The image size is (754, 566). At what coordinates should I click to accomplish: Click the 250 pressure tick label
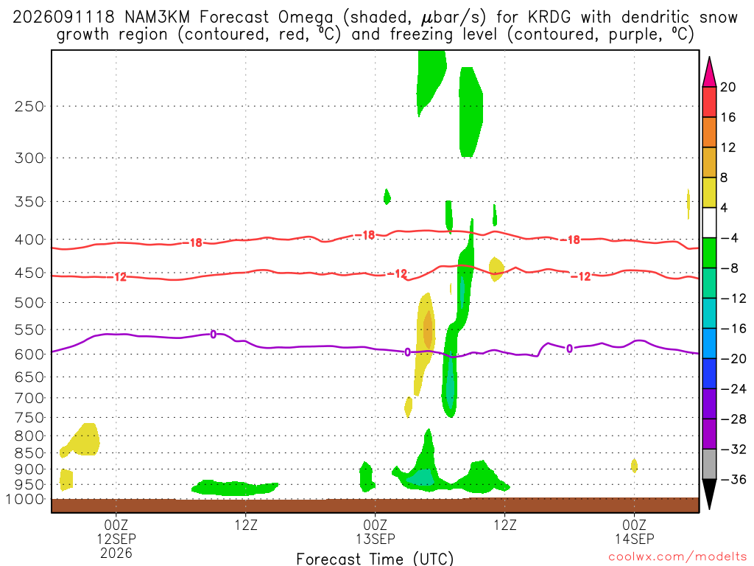pos(29,106)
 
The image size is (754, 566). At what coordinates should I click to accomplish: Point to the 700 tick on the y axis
pos(29,398)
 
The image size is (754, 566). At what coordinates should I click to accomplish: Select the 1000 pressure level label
pos(24,499)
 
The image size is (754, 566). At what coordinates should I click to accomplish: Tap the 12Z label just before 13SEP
pos(246,525)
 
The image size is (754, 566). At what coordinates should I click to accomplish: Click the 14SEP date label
pos(634,539)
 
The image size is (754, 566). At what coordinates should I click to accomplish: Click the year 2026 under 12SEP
pos(116,553)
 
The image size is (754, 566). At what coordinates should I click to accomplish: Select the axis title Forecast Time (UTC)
pos(375,559)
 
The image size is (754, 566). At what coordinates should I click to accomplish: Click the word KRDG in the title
pos(549,18)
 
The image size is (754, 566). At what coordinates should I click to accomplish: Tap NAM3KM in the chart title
pos(158,18)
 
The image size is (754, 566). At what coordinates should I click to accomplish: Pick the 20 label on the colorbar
pos(727,87)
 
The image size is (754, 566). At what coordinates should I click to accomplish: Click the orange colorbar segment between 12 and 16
pos(709,133)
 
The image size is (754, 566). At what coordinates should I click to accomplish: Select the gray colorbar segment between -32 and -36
pos(709,464)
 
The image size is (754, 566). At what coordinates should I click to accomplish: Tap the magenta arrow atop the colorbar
pos(709,72)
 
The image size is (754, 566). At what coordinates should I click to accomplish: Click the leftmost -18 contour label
pos(195,242)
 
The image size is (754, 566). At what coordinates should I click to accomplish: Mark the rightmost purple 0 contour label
pos(569,349)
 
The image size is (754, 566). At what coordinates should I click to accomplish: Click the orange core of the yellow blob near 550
pos(428,329)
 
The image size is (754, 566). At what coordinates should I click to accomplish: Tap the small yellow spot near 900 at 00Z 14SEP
pos(634,466)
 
